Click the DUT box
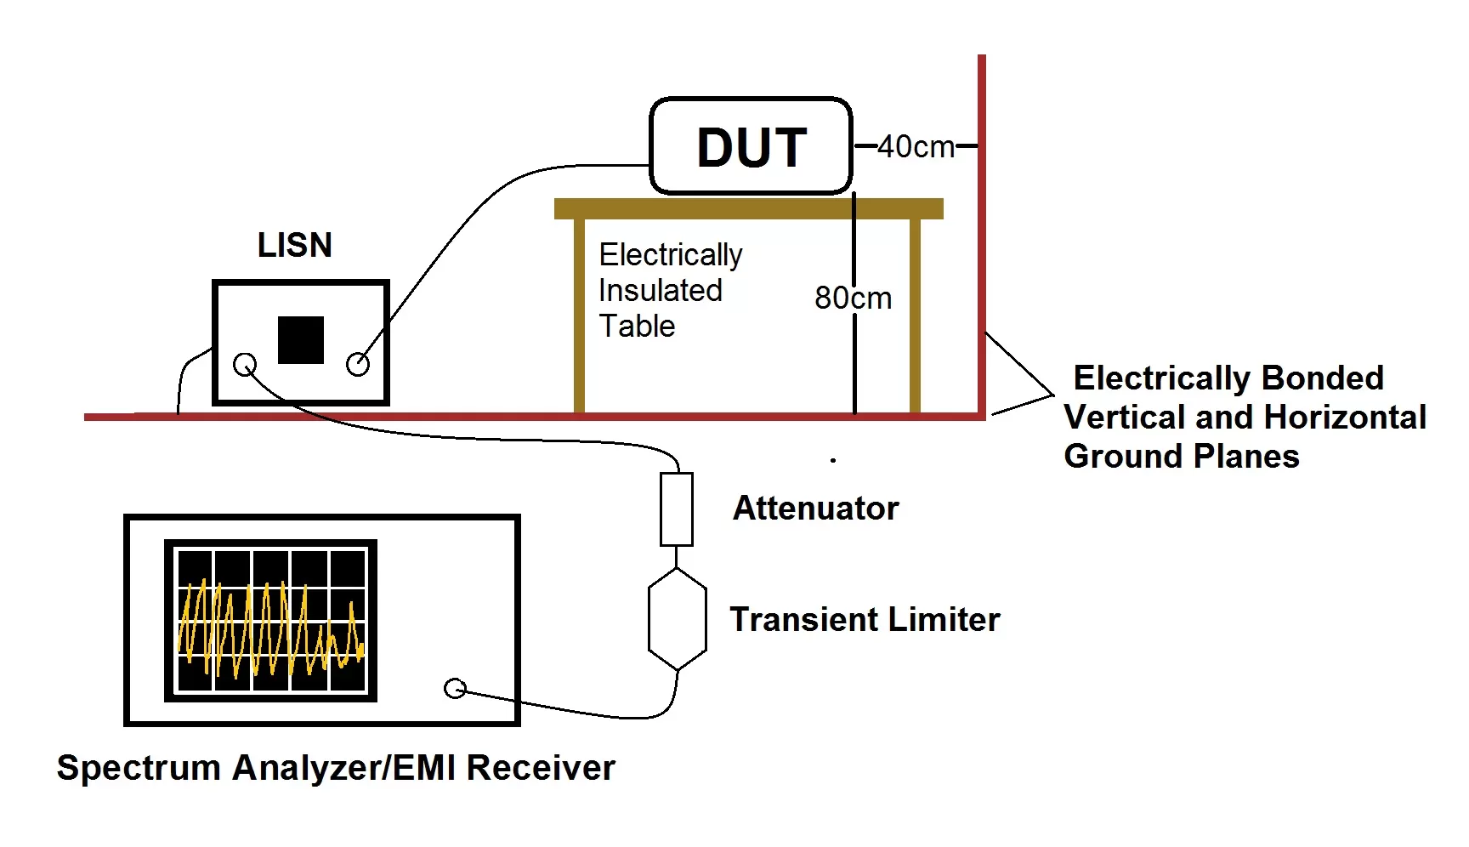click(751, 146)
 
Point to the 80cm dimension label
click(853, 298)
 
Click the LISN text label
click(294, 245)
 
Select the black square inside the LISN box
click(301, 339)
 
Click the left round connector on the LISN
click(245, 365)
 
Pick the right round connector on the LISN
click(358, 365)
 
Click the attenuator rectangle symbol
click(677, 509)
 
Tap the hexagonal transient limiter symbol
click(677, 619)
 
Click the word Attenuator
click(815, 509)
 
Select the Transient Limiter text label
click(865, 619)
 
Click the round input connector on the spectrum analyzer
click(455, 688)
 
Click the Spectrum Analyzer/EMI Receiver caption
click(336, 767)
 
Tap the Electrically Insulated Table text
click(670, 290)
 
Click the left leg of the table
click(580, 315)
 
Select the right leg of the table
click(916, 315)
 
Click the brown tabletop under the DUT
click(748, 208)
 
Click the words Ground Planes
click(1181, 457)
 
